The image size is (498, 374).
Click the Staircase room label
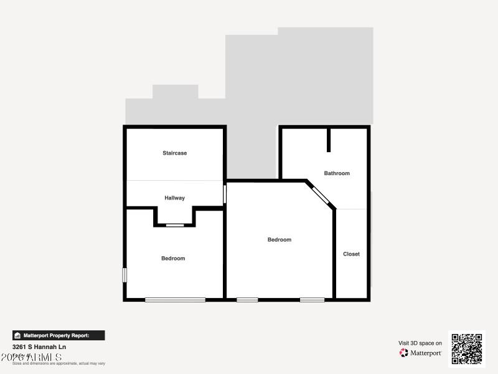174,153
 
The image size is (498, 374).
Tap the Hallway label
174,198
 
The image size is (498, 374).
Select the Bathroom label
337,173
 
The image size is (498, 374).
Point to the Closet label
351,254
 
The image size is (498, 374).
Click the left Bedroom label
173,258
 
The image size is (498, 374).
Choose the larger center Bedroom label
279,239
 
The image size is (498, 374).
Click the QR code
467,348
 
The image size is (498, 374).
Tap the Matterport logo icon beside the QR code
404,353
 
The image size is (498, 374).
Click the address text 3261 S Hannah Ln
39,347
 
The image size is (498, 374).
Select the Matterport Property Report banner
59,335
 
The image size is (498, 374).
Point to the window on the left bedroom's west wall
125,274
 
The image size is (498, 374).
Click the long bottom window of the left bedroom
175,300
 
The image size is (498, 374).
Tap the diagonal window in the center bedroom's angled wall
321,195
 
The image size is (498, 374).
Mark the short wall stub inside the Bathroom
329,140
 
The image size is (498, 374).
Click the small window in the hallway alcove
175,225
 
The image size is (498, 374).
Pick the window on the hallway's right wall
225,193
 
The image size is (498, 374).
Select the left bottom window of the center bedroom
247,300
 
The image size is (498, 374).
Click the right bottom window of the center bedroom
312,300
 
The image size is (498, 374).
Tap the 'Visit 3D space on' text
420,343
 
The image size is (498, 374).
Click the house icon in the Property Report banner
17,335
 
